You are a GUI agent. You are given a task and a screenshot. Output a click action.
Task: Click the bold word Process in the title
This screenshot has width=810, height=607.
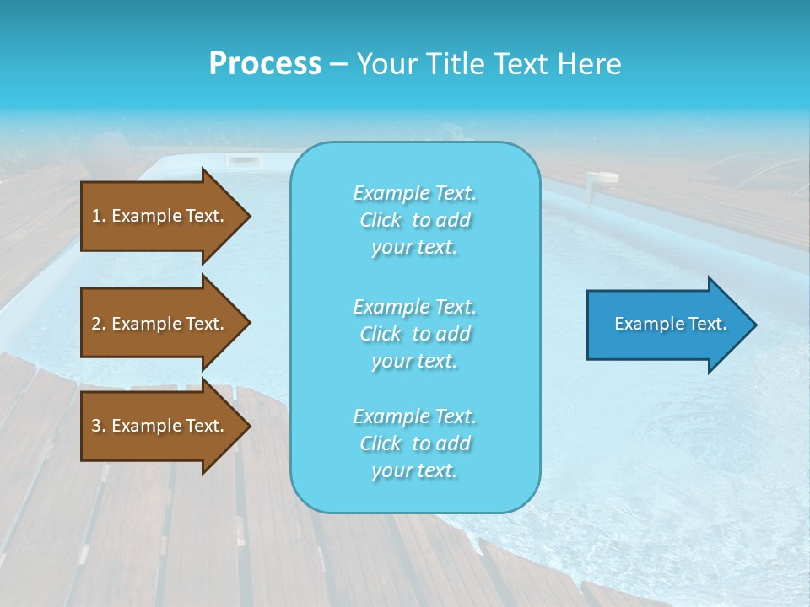click(x=265, y=64)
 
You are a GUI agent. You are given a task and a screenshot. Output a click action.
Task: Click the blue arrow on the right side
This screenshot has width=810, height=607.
click(x=667, y=325)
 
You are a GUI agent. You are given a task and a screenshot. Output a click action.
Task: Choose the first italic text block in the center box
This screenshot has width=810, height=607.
click(x=414, y=220)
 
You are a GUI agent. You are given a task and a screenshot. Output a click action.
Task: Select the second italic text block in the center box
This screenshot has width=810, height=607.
click(x=414, y=334)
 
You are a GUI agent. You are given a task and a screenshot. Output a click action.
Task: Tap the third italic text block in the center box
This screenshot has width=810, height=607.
click(x=414, y=443)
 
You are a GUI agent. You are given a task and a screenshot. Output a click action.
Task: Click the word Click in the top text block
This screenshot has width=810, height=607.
click(x=381, y=220)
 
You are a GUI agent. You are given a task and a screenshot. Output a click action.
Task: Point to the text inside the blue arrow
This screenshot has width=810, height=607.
click(x=670, y=324)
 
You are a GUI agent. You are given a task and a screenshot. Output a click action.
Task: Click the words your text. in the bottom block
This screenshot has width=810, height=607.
click(x=414, y=470)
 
